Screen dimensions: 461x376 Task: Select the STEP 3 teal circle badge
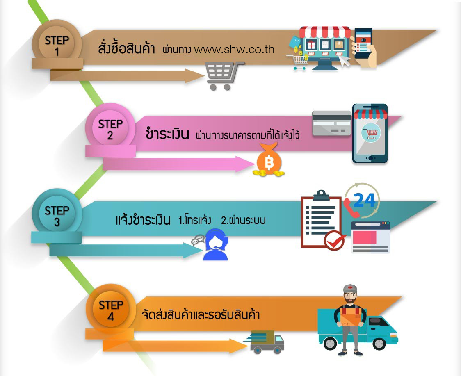(57, 214)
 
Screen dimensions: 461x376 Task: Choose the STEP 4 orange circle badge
(111, 309)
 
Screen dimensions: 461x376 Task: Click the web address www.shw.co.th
(234, 49)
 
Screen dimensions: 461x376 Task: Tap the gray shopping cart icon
(224, 75)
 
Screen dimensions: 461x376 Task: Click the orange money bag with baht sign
(269, 160)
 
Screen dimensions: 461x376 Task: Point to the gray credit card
(332, 123)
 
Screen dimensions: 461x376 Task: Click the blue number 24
(365, 200)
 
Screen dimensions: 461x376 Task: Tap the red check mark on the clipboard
(335, 240)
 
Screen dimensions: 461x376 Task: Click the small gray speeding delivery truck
(264, 342)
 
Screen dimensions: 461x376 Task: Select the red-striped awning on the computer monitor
(325, 32)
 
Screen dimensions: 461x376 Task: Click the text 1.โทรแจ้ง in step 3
(195, 220)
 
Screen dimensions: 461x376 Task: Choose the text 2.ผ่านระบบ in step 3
(243, 220)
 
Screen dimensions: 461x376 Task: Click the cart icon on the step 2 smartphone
(372, 133)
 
